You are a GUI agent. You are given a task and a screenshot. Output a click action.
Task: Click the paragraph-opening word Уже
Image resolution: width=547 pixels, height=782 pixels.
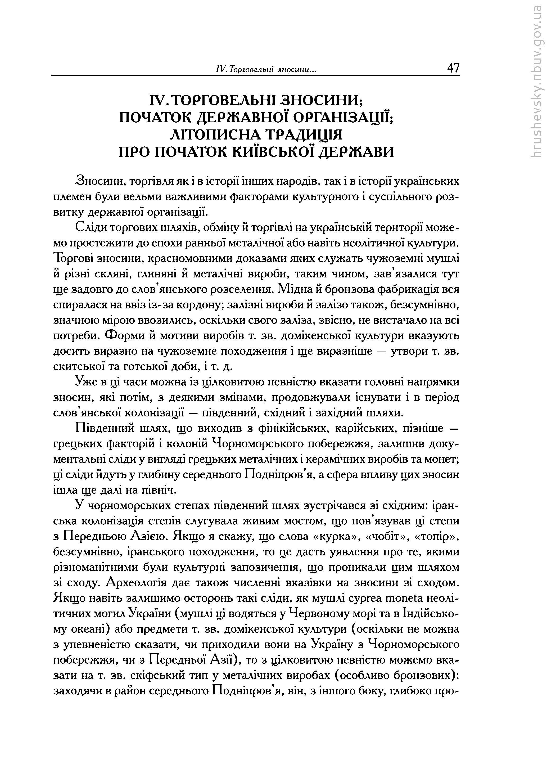pos(85,382)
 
